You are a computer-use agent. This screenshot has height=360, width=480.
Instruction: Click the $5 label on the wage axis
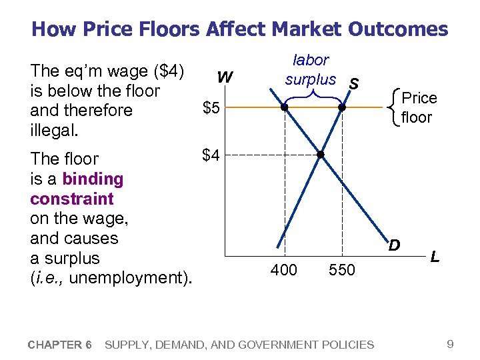(x=211, y=109)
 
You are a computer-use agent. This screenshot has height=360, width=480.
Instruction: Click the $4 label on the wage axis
(x=211, y=155)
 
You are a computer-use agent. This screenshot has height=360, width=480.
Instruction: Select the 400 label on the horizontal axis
(x=285, y=270)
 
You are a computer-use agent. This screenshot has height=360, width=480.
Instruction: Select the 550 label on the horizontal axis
(x=342, y=270)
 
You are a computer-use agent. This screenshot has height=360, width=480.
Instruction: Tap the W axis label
(x=225, y=78)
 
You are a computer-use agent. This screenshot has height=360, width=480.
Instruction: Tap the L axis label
(x=435, y=256)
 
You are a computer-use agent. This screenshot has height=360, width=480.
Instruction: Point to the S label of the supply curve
(x=355, y=83)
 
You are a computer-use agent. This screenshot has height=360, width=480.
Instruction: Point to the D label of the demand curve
(x=395, y=245)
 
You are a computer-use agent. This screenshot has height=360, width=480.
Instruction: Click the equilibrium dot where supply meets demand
(x=320, y=155)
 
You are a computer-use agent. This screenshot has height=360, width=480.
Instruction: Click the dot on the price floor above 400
(x=285, y=107)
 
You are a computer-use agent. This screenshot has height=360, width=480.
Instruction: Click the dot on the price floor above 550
(x=341, y=107)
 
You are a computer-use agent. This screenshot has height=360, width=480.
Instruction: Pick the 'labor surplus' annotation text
(x=311, y=70)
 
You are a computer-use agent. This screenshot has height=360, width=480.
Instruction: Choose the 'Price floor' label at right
(x=419, y=108)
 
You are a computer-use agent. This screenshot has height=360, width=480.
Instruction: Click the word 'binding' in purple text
(x=93, y=179)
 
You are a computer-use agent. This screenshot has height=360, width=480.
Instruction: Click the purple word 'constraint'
(x=72, y=199)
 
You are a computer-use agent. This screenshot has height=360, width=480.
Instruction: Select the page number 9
(x=451, y=344)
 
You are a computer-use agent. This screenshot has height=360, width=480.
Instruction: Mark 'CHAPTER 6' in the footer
(x=60, y=345)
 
